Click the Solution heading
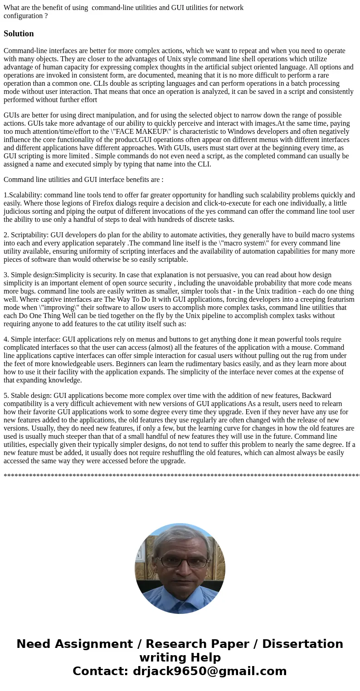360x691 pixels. [x=19, y=34]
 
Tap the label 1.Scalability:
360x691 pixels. [x=23, y=195]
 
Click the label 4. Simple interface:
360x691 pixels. [x=32, y=339]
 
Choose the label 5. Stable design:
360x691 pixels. [x=28, y=396]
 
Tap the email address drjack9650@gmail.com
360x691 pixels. [x=209, y=671]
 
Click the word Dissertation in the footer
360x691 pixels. [x=302, y=644]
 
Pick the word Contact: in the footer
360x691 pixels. [x=101, y=671]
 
